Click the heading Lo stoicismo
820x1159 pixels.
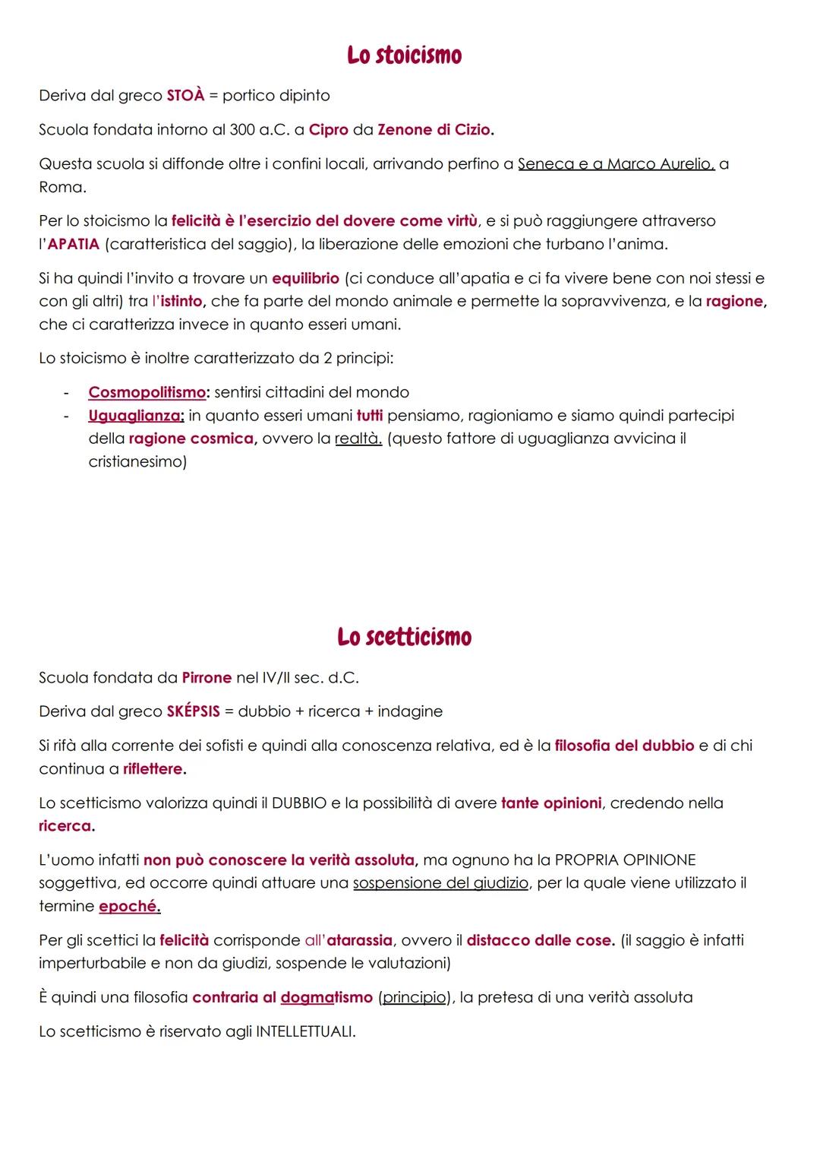point(404,55)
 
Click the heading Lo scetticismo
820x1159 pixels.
point(404,637)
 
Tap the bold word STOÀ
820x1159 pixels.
point(185,96)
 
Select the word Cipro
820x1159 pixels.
point(328,130)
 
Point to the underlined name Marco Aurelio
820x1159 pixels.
point(661,164)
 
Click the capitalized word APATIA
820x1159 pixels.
point(74,244)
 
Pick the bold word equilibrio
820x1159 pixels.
point(305,278)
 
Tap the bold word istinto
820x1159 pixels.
point(181,301)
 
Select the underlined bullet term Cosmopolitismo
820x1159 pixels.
point(147,392)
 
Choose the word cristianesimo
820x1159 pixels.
point(137,461)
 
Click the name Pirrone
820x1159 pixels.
point(207,677)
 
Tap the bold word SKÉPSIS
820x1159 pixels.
point(193,711)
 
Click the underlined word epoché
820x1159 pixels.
point(129,906)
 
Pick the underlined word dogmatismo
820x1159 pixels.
point(326,997)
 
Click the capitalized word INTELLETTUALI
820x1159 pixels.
point(304,1031)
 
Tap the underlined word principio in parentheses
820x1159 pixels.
point(414,997)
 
